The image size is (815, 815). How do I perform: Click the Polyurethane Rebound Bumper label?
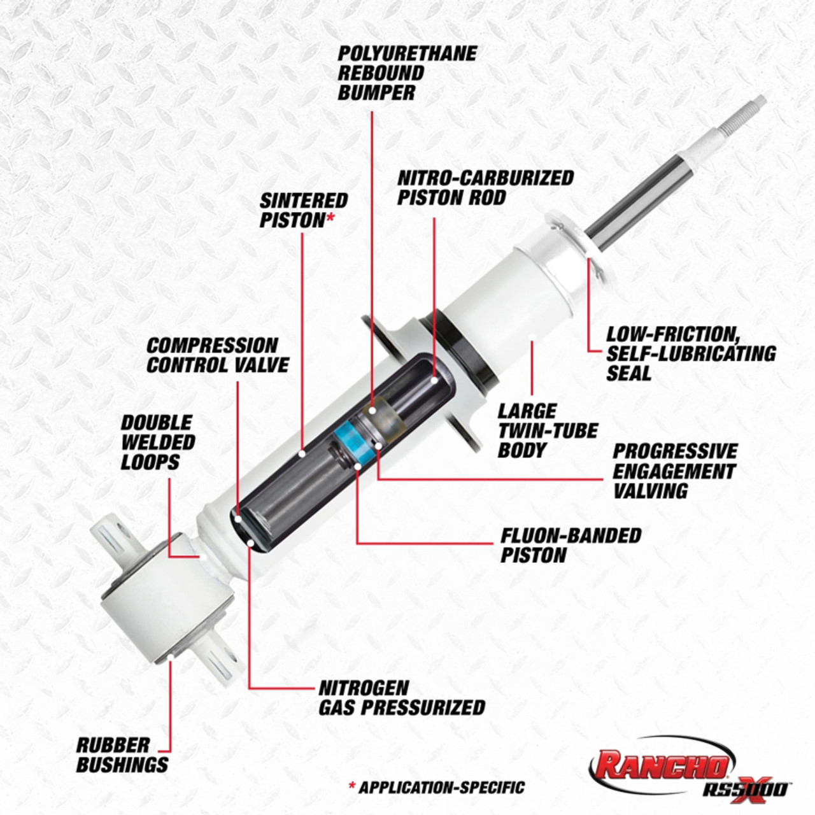406,73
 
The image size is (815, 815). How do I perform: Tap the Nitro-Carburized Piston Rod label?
485,187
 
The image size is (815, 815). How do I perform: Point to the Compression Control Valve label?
217,355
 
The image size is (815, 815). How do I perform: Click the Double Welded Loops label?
158,442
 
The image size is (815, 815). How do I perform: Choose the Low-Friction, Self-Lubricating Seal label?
690,353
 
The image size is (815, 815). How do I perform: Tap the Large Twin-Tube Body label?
547,430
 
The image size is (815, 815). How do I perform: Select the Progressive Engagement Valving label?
674,471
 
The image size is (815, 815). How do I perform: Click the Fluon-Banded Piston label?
570,545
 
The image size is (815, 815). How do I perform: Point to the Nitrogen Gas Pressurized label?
401,698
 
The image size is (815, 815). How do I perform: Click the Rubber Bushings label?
122,755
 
